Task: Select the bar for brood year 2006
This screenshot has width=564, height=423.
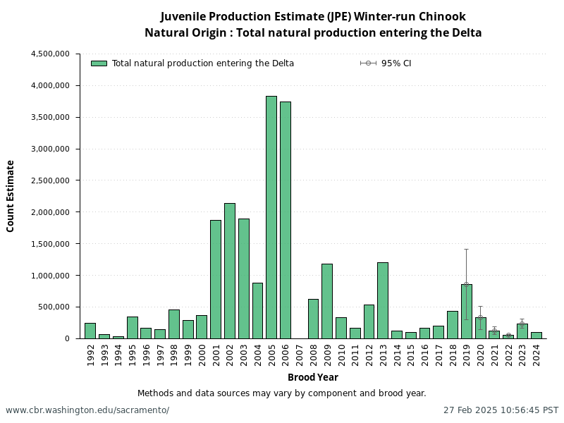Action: click(286, 220)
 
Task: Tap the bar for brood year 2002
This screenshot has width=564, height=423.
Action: click(230, 271)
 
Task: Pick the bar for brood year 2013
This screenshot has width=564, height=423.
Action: click(383, 300)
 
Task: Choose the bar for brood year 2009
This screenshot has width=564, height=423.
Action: click(327, 301)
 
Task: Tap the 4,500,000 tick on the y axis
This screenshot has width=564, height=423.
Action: click(50, 54)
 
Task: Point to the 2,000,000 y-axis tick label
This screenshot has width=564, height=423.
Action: click(50, 212)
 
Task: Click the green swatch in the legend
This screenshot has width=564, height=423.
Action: click(99, 63)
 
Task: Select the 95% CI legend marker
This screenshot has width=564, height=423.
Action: click(368, 63)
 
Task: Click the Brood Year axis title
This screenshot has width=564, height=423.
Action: click(313, 378)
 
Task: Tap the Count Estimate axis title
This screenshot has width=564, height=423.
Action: click(11, 196)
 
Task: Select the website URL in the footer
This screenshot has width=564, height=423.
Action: click(87, 410)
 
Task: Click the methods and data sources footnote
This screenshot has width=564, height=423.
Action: click(282, 393)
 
